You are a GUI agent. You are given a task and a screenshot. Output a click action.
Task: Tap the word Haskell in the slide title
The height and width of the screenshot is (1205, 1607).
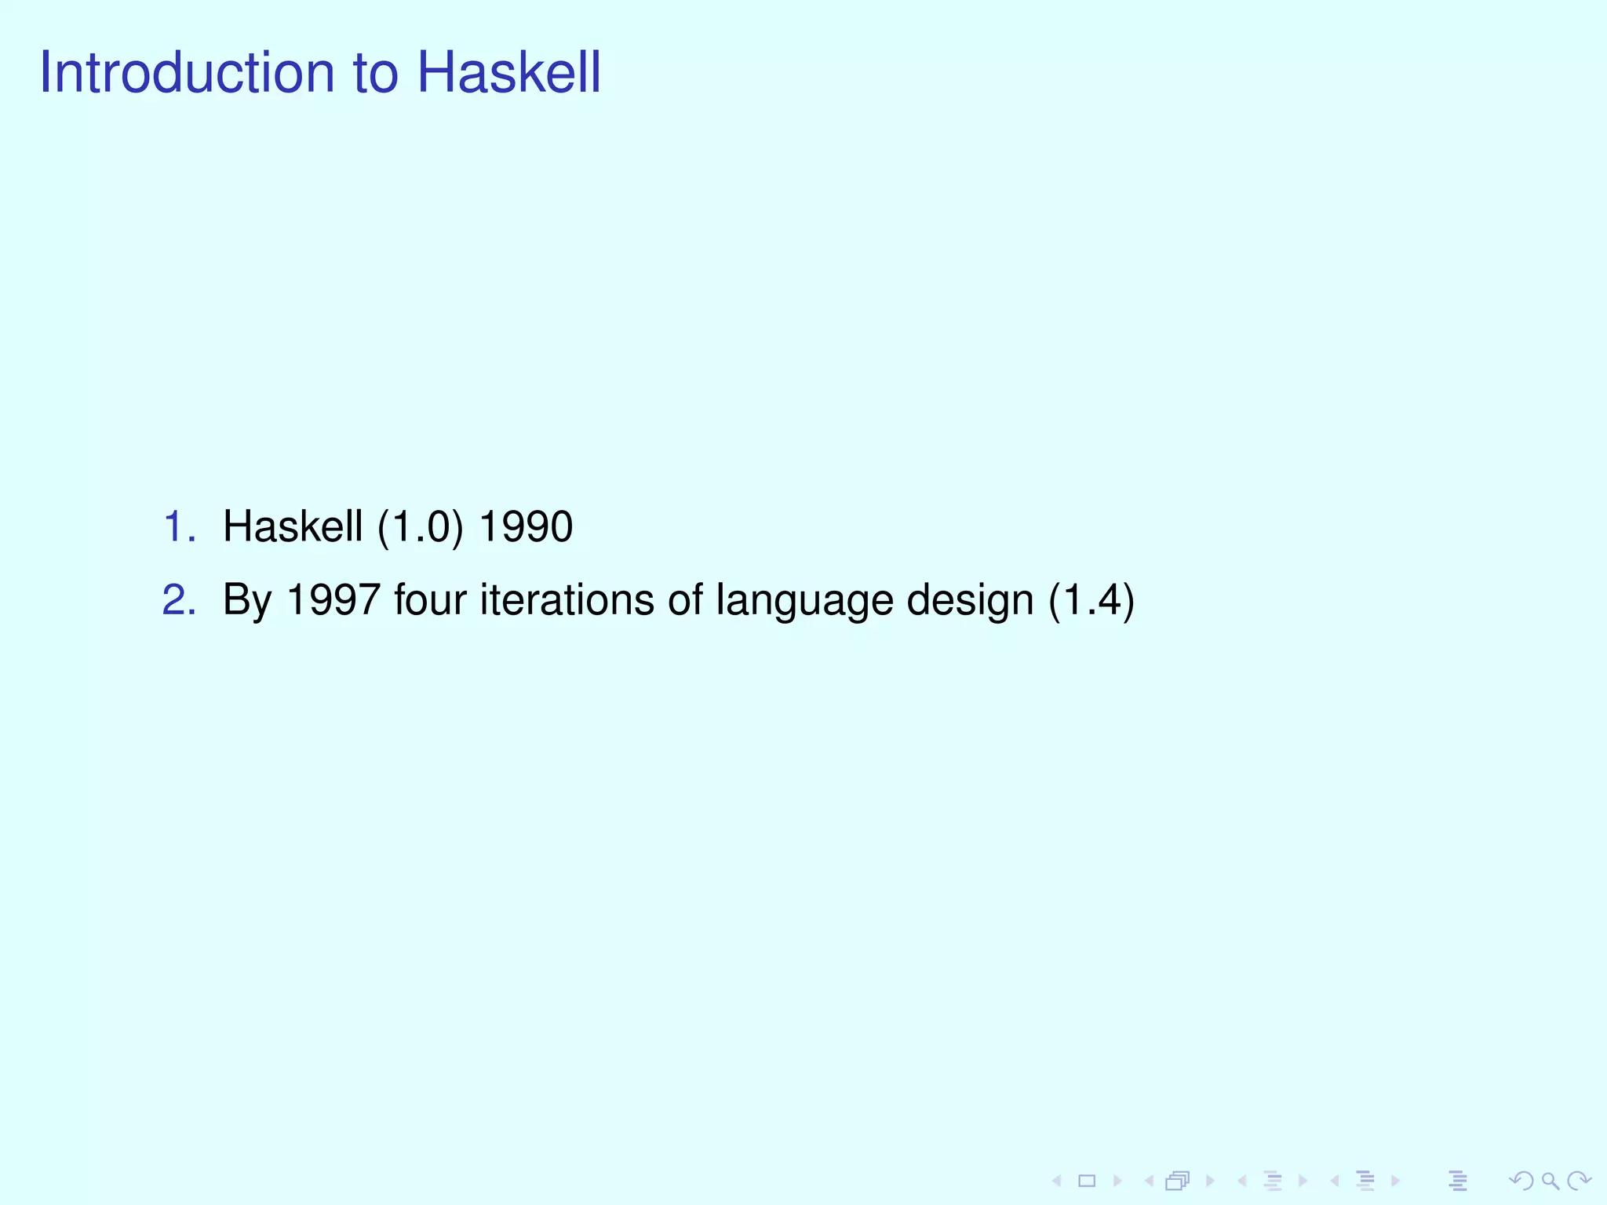pyautogui.click(x=508, y=72)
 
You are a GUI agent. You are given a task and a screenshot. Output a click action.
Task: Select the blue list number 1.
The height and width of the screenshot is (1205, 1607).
pyautogui.click(x=178, y=526)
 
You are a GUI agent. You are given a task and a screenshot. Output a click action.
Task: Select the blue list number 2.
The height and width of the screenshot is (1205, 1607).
pyautogui.click(x=178, y=600)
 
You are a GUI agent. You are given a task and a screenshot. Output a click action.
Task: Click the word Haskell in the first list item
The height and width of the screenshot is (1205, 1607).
pyautogui.click(x=293, y=526)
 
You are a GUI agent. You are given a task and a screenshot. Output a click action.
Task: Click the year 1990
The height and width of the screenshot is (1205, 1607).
pyautogui.click(x=526, y=526)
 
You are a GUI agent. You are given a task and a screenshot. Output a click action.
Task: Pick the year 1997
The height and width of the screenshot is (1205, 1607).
pyautogui.click(x=333, y=600)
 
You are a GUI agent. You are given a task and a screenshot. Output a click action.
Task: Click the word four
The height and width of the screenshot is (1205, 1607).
pyautogui.click(x=430, y=600)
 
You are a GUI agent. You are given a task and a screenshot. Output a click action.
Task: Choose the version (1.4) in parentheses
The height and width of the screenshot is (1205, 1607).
pyautogui.click(x=1091, y=600)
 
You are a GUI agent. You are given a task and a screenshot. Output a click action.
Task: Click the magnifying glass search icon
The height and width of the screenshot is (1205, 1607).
pyautogui.click(x=1550, y=1181)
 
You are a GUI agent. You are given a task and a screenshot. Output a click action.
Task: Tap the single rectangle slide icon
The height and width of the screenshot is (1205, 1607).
pyautogui.click(x=1087, y=1181)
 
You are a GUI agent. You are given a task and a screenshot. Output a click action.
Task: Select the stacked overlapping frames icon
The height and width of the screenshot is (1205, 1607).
pyautogui.click(x=1178, y=1181)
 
